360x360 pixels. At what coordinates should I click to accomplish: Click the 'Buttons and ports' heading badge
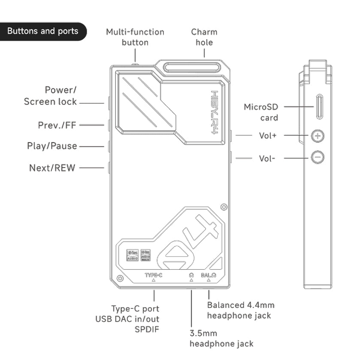[43, 31]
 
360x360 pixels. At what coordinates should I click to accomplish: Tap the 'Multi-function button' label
[135, 37]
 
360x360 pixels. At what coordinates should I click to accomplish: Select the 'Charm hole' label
[204, 37]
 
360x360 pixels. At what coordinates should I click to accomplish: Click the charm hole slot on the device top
[192, 68]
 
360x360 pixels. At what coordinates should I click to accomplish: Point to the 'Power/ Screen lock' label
[51, 96]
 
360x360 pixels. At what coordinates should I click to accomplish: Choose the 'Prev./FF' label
[57, 125]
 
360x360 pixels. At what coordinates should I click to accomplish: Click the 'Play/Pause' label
[52, 146]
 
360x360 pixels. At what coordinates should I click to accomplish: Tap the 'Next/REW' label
[52, 168]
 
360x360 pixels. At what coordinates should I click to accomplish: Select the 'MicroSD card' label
[261, 112]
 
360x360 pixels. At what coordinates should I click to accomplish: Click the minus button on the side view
[318, 157]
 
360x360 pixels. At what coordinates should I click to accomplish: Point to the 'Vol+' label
[268, 136]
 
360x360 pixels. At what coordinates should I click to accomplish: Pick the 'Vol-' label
[267, 158]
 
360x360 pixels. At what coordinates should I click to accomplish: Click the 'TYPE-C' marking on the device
[153, 275]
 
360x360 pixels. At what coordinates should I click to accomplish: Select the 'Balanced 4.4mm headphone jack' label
[240, 310]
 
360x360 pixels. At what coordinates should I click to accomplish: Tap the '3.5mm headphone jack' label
[221, 339]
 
